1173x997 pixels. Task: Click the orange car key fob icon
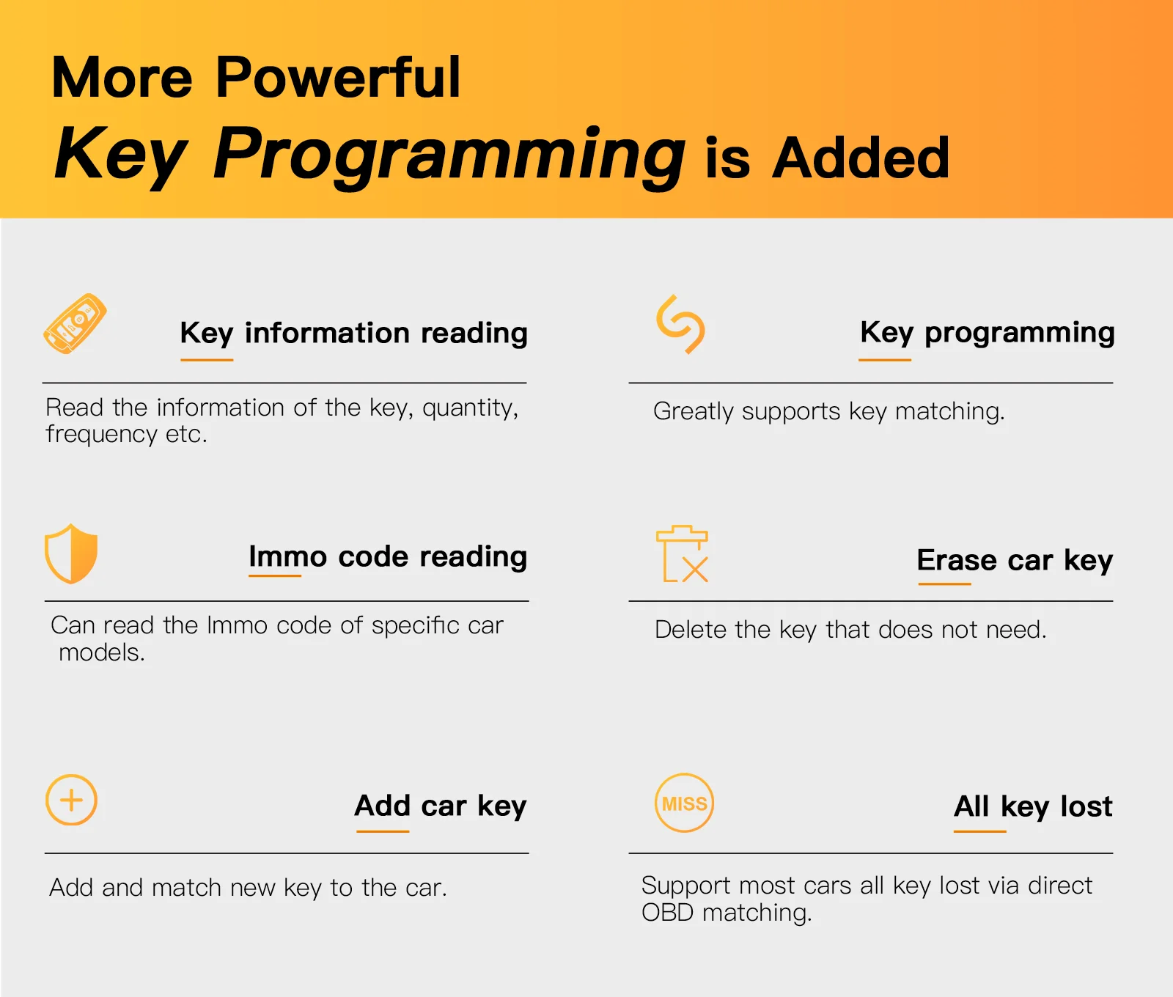pos(75,324)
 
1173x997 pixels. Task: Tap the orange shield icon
pos(71,553)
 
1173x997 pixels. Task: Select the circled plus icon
pos(71,800)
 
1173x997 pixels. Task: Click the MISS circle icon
pos(684,803)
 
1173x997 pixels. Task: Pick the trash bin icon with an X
pos(683,553)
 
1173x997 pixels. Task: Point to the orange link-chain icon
pos(680,324)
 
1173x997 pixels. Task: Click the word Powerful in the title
pos(338,77)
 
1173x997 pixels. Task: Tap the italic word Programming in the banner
pos(449,155)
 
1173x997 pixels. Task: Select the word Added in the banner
pos(861,158)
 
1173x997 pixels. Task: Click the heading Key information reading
pos(354,334)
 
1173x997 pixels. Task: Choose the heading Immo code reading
pos(388,556)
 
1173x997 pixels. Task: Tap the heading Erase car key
pos(1015,561)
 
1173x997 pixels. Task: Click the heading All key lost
pos(1034,806)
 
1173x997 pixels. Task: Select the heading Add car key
pos(441,806)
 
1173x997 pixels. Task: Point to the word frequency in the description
pos(101,435)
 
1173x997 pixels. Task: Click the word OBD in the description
pos(667,913)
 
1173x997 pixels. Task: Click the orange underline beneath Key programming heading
pos(885,360)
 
